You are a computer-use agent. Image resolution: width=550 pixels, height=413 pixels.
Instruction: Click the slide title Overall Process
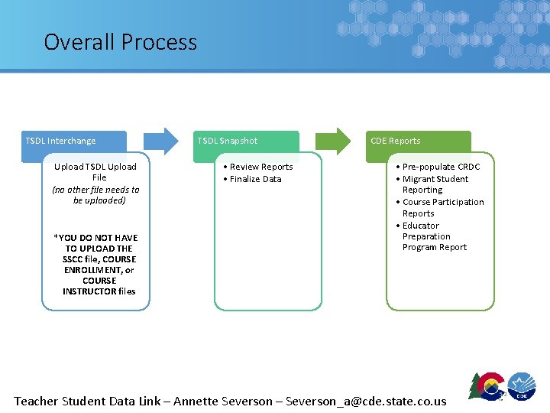click(x=120, y=41)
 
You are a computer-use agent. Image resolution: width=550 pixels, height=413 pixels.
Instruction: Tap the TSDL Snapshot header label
click(x=228, y=141)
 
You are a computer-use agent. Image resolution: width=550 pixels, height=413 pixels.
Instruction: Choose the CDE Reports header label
click(x=396, y=141)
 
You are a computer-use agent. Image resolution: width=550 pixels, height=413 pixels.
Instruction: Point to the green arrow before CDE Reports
click(x=333, y=141)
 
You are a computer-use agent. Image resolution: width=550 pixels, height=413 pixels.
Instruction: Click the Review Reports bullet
click(x=258, y=167)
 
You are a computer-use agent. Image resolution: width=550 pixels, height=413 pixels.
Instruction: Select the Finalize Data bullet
click(x=253, y=179)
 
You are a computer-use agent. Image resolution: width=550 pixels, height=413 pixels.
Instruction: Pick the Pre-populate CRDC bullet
click(x=438, y=167)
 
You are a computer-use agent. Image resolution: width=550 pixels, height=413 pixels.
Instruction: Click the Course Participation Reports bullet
click(x=440, y=207)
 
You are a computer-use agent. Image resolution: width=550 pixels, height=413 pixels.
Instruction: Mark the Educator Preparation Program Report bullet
click(x=432, y=236)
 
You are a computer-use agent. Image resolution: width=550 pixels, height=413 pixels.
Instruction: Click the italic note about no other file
click(x=95, y=195)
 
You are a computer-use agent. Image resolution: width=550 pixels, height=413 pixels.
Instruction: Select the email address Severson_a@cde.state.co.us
click(x=366, y=401)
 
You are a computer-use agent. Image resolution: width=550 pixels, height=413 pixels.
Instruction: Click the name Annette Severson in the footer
click(x=224, y=401)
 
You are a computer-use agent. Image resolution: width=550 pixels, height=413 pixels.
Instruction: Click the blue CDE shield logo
click(x=522, y=385)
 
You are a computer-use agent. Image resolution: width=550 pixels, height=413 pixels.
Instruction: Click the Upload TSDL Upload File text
click(x=95, y=172)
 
